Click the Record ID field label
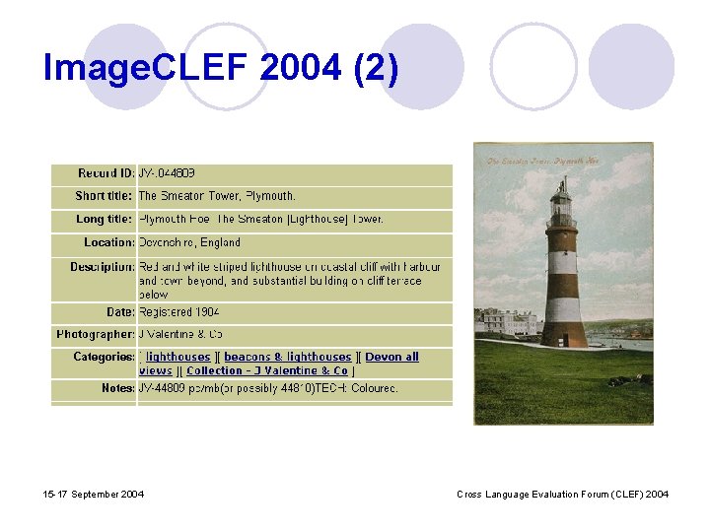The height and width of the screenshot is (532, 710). (106, 173)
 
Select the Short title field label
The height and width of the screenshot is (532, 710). (104, 196)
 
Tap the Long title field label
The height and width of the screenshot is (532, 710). (104, 219)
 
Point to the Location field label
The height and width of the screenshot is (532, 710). (108, 242)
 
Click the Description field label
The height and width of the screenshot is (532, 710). (102, 267)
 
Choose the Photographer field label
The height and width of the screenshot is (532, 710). (95, 335)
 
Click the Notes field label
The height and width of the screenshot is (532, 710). (117, 388)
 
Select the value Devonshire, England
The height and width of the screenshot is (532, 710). (189, 242)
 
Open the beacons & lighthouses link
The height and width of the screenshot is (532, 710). (287, 357)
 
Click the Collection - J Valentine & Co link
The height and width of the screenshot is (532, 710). (267, 370)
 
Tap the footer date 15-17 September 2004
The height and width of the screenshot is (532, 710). (94, 494)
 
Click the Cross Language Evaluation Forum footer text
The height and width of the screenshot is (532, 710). (563, 494)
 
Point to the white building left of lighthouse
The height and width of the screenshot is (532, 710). (509, 322)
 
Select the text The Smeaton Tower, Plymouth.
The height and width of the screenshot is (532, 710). (217, 196)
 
